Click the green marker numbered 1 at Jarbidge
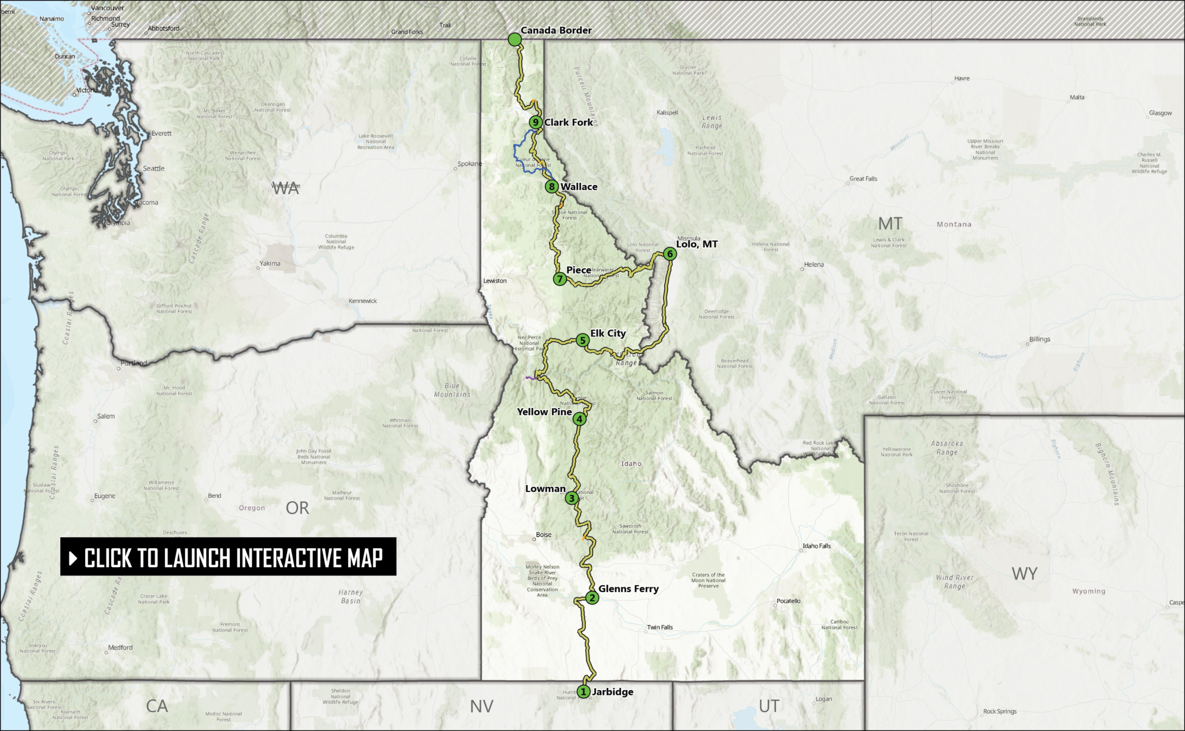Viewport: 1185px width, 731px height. pyautogui.click(x=583, y=691)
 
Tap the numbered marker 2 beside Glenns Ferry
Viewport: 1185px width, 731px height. pyautogui.click(x=591, y=597)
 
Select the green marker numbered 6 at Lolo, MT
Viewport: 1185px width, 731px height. pyautogui.click(x=669, y=253)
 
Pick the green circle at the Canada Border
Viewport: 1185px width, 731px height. pyautogui.click(x=514, y=39)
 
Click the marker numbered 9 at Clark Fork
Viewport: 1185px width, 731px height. pyautogui.click(x=536, y=122)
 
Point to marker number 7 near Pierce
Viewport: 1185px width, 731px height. pyautogui.click(x=559, y=279)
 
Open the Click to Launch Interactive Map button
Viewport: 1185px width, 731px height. pyautogui.click(x=228, y=557)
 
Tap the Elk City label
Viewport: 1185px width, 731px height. pyautogui.click(x=608, y=333)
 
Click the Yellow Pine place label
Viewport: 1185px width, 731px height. pyautogui.click(x=544, y=412)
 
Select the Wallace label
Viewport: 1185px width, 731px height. pyautogui.click(x=579, y=187)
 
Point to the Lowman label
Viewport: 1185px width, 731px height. pyautogui.click(x=545, y=489)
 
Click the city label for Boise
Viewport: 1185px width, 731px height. pyautogui.click(x=543, y=535)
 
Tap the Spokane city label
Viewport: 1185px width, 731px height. pyautogui.click(x=469, y=164)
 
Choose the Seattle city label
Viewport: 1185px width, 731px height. pyautogui.click(x=153, y=168)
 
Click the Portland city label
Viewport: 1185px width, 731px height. pyautogui.click(x=133, y=363)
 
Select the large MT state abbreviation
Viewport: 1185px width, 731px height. pyautogui.click(x=890, y=223)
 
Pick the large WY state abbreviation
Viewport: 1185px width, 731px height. pyautogui.click(x=1024, y=574)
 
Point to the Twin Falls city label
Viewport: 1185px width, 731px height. pyautogui.click(x=660, y=627)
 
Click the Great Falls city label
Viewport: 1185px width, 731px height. pyautogui.click(x=863, y=179)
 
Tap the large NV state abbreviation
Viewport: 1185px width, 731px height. pyautogui.click(x=481, y=706)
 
